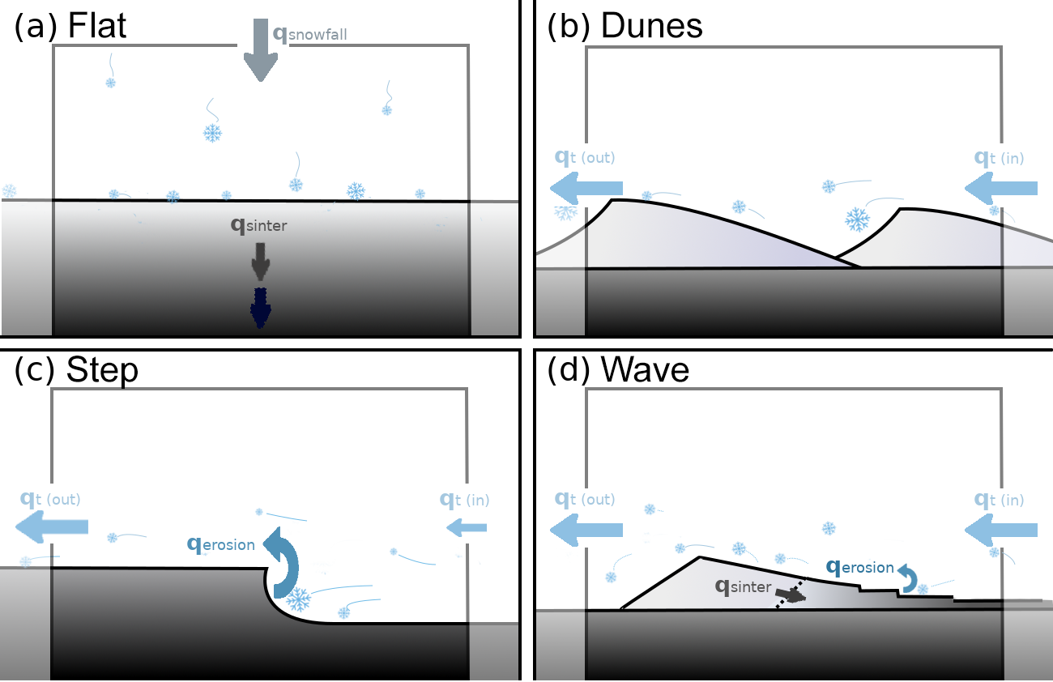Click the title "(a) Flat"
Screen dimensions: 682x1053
pos(71,26)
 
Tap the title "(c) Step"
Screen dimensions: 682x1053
pos(77,369)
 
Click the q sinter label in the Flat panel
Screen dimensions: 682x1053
pos(259,225)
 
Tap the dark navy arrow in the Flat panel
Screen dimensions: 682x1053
pos(260,308)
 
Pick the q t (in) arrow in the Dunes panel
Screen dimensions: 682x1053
pos(1001,188)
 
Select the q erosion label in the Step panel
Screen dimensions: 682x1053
pos(221,544)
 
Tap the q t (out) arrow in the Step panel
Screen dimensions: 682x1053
pos(51,527)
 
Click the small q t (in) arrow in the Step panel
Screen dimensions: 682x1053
pos(466,528)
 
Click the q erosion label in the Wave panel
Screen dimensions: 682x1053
pos(860,568)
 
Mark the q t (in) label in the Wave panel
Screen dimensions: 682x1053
pos(999,500)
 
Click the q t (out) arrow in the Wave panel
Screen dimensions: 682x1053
pos(586,530)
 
